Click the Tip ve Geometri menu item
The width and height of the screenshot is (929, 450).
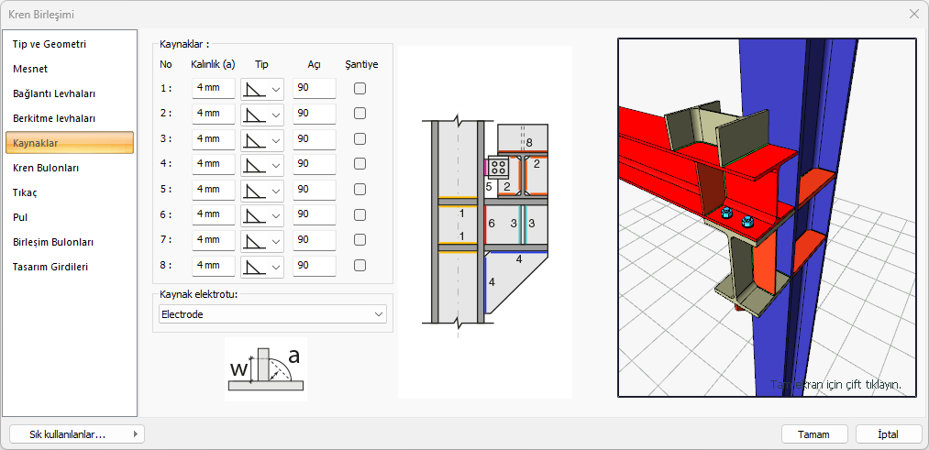(x=50, y=44)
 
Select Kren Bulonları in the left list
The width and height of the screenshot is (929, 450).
(x=46, y=168)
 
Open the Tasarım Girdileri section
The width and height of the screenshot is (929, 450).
(x=50, y=267)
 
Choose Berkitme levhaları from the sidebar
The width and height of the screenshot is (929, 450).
(x=54, y=118)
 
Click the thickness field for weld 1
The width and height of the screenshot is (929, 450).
(x=214, y=88)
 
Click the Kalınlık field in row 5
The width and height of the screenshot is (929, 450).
(x=214, y=189)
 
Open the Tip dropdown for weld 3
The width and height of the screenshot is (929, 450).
(x=262, y=139)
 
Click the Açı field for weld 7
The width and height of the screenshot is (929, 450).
(x=314, y=240)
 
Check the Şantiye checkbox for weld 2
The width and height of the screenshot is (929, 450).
(x=359, y=114)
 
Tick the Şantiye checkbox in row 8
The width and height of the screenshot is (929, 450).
(x=359, y=265)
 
